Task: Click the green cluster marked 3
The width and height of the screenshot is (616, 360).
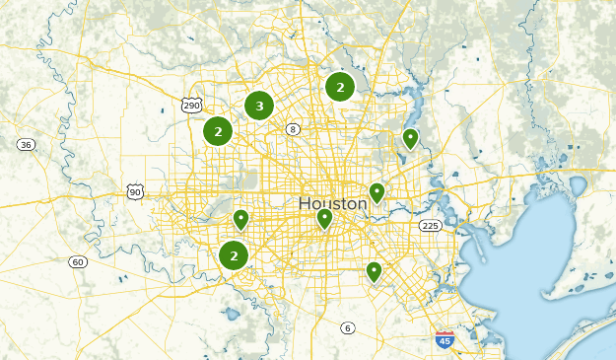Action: click(259, 105)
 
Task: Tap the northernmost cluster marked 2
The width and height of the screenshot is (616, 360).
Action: click(340, 87)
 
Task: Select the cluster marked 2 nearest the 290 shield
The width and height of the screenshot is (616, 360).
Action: click(218, 130)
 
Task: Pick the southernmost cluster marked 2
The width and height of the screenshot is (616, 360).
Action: click(234, 255)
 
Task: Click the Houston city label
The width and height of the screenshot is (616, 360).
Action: click(332, 202)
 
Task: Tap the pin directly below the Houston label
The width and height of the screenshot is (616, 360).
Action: click(324, 219)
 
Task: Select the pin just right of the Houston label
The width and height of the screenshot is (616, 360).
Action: click(376, 192)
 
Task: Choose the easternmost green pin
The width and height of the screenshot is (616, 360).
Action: click(410, 138)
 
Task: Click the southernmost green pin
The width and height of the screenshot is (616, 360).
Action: click(374, 271)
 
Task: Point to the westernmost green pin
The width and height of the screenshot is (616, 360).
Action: click(240, 219)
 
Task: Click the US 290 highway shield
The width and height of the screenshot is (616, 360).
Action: click(191, 104)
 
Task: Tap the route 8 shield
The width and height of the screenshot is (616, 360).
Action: click(293, 129)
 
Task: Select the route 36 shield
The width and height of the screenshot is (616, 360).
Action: click(26, 145)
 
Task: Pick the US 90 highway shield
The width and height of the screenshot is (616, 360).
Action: click(135, 191)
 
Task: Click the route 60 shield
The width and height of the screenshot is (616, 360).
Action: click(77, 261)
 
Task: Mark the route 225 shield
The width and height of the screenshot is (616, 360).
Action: click(430, 226)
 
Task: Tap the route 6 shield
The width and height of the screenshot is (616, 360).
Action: click(347, 327)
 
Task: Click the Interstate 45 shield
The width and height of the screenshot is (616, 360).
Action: click(445, 340)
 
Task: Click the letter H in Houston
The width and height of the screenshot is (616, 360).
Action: click(304, 202)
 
